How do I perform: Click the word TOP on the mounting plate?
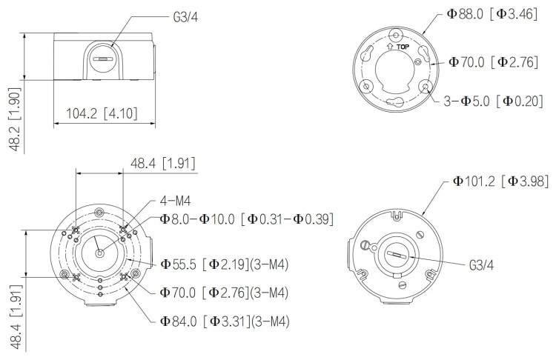click(x=402, y=47)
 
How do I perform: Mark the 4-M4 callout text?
click(x=176, y=200)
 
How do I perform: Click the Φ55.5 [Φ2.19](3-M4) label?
click(x=224, y=264)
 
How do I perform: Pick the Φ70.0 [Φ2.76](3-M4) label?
click(x=224, y=293)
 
